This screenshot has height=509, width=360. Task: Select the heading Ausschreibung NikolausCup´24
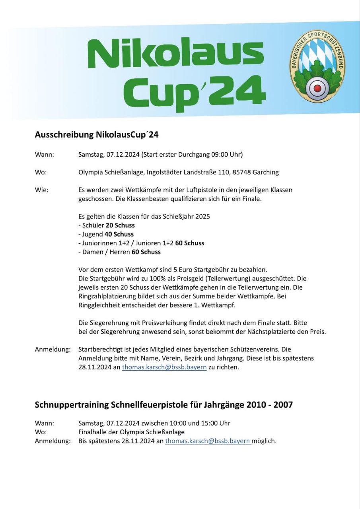(97, 135)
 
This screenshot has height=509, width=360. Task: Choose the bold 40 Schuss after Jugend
(119, 234)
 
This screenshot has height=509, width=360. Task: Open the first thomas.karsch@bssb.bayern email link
(164, 367)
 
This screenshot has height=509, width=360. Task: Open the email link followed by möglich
(208, 441)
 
